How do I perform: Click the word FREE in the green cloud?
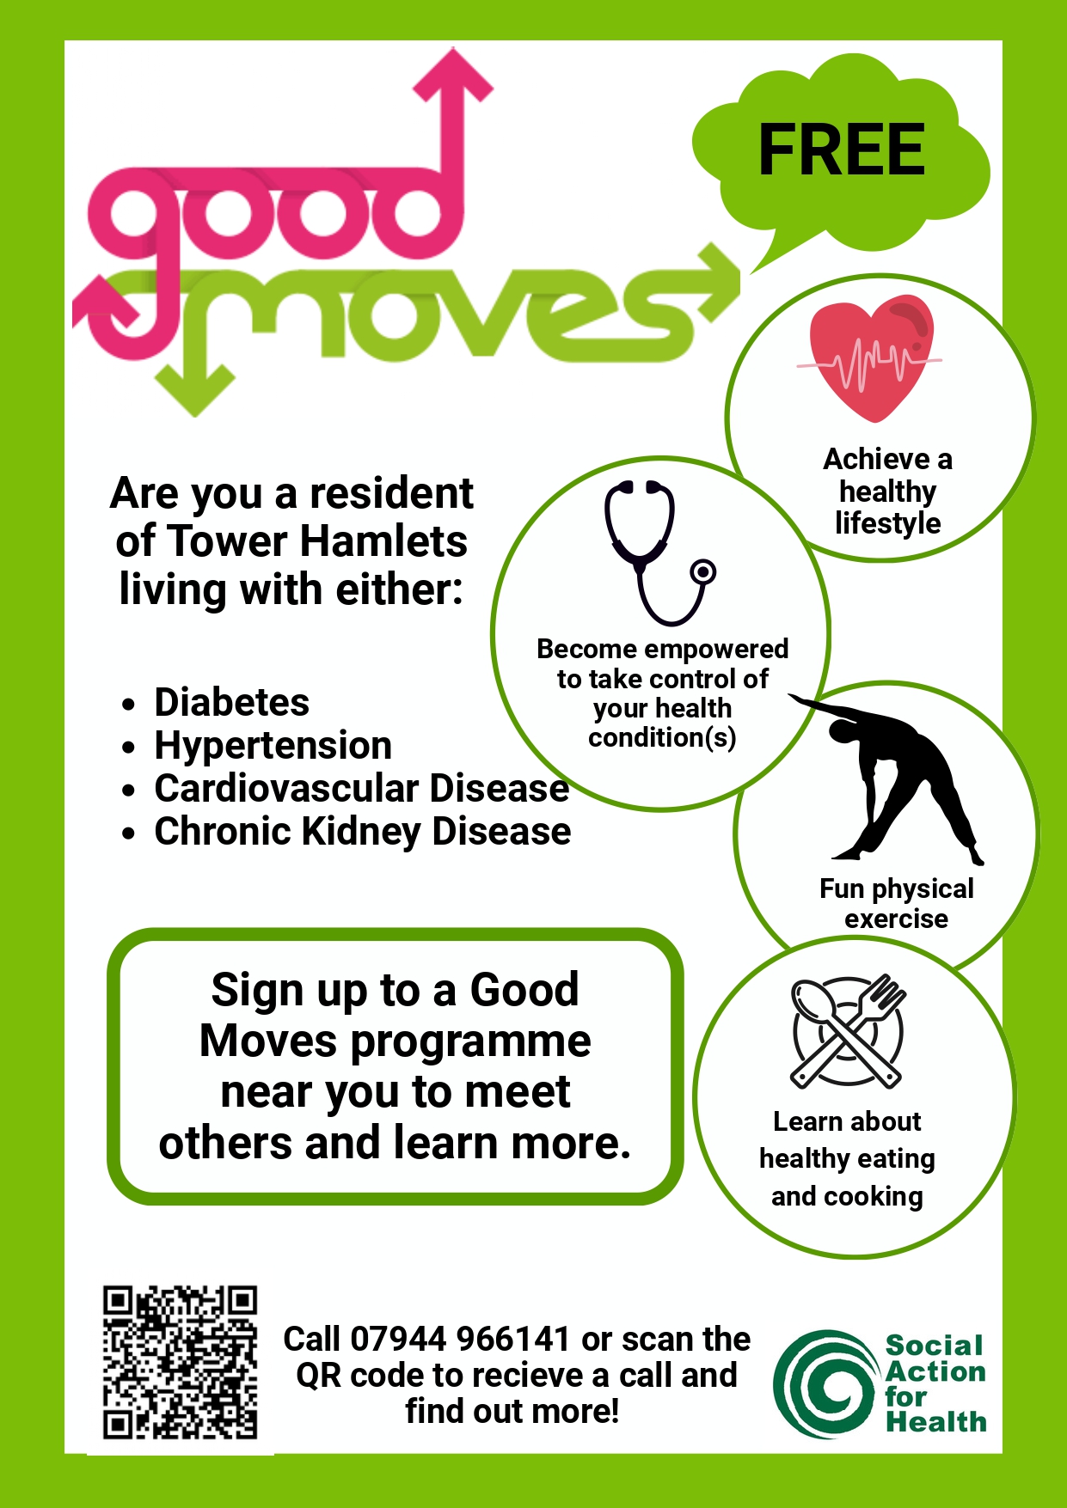(842, 150)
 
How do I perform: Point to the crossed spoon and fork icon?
(848, 1031)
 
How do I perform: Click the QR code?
(181, 1362)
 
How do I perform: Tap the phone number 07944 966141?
(461, 1339)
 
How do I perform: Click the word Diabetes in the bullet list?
(232, 702)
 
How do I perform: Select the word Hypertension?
(273, 745)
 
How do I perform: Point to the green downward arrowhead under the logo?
(197, 391)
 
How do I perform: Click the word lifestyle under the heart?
(888, 522)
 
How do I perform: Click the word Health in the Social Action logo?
(936, 1422)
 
